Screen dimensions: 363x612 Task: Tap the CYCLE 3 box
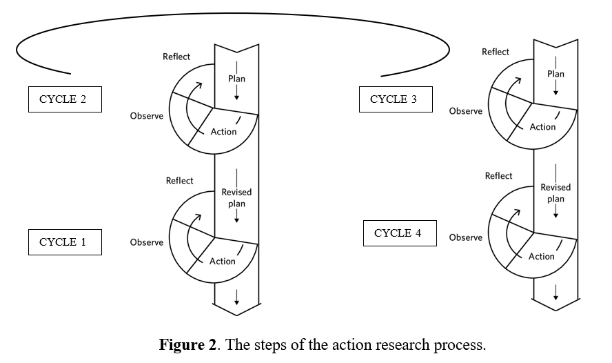(x=394, y=99)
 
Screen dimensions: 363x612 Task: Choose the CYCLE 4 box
(x=398, y=233)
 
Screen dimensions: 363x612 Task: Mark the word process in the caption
(x=460, y=344)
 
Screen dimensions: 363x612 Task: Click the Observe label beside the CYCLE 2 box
(x=147, y=116)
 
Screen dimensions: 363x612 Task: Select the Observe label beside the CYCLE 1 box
(x=147, y=242)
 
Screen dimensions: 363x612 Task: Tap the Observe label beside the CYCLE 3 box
(x=466, y=111)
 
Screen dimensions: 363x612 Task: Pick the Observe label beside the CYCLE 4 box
(x=466, y=237)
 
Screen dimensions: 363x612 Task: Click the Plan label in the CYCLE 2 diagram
(x=236, y=79)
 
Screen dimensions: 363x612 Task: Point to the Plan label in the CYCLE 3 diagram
(x=555, y=74)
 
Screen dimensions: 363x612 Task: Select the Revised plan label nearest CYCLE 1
(x=236, y=198)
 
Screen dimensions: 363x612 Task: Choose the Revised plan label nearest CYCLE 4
(x=555, y=193)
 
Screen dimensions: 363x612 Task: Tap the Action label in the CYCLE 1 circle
(x=223, y=262)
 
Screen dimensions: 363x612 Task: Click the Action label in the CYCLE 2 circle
(x=223, y=132)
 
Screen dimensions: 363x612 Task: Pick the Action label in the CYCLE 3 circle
(x=542, y=127)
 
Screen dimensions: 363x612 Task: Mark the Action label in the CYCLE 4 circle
(x=542, y=257)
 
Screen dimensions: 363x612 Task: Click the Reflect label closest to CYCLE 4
(x=498, y=176)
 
